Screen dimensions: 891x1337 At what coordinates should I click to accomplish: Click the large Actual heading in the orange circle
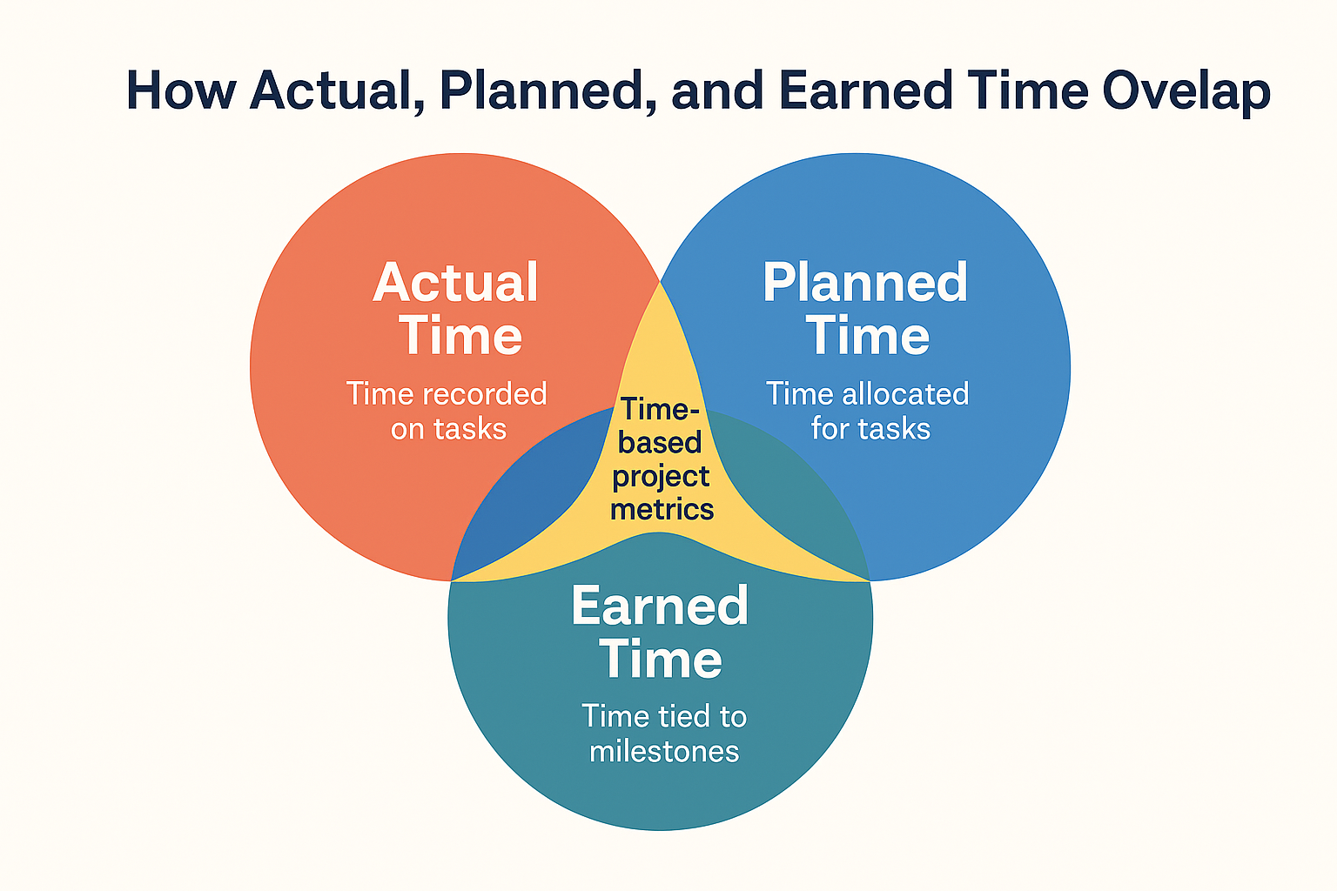pyautogui.click(x=456, y=283)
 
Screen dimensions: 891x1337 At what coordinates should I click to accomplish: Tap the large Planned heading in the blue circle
pyautogui.click(x=865, y=283)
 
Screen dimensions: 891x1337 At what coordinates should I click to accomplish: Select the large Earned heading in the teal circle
pyautogui.click(x=660, y=606)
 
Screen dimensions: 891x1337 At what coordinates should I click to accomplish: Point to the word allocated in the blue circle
pyautogui.click(x=904, y=394)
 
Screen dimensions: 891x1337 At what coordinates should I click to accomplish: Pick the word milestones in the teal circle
pyautogui.click(x=664, y=751)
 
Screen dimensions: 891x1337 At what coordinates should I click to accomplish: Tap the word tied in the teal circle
pyautogui.click(x=674, y=716)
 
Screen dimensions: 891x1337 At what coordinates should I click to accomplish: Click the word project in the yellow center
pyautogui.click(x=661, y=477)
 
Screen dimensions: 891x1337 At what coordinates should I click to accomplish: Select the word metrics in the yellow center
pyautogui.click(x=662, y=509)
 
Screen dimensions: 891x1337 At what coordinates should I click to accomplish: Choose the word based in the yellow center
pyautogui.click(x=660, y=443)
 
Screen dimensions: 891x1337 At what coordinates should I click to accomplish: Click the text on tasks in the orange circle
pyautogui.click(x=448, y=429)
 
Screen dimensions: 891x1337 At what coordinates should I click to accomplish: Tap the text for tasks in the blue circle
pyautogui.click(x=870, y=429)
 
